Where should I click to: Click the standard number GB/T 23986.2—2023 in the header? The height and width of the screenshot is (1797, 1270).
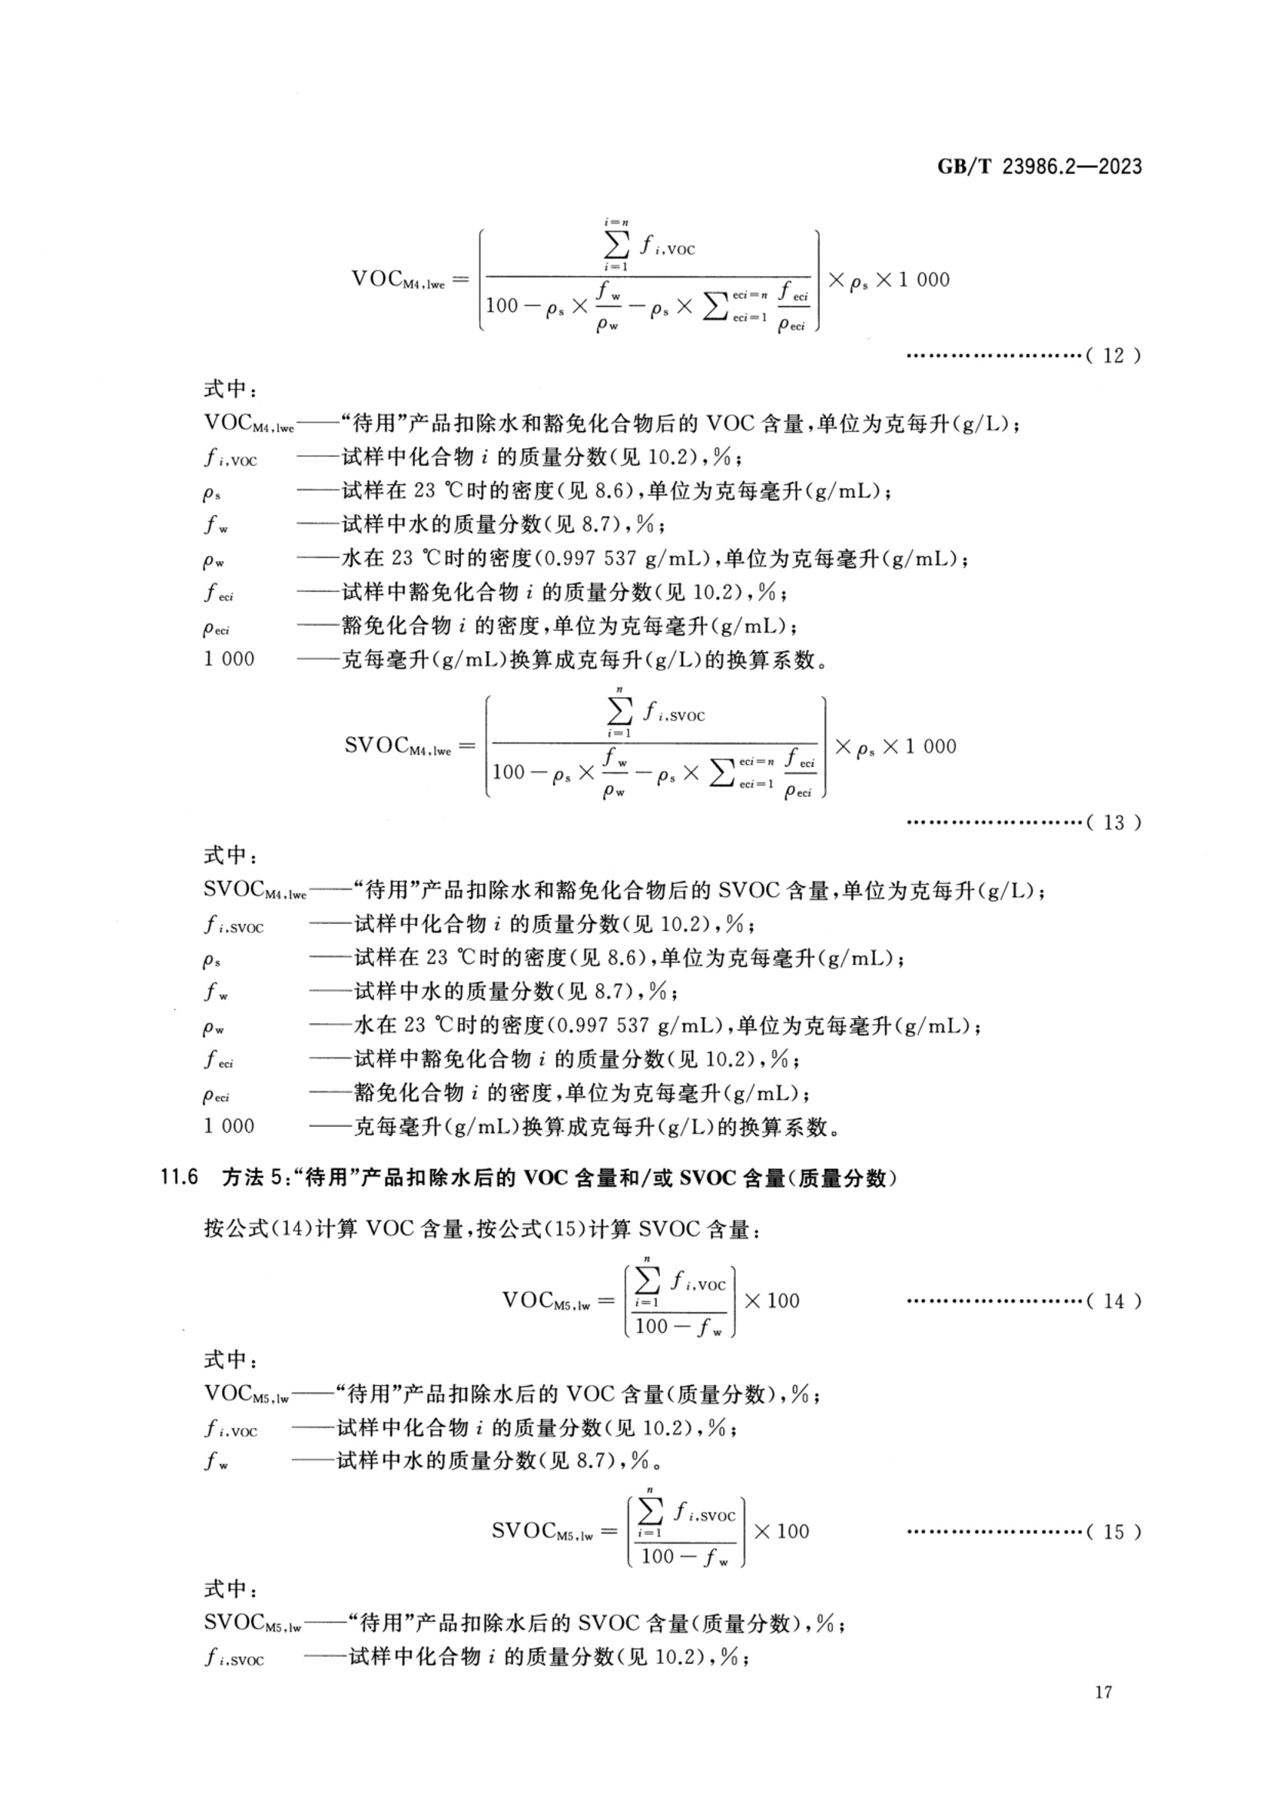click(1040, 167)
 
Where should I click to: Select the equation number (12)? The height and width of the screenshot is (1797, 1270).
click(1113, 355)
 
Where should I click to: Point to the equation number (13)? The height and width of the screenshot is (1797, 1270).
click(1113, 822)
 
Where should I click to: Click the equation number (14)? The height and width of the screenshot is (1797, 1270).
click(1113, 1300)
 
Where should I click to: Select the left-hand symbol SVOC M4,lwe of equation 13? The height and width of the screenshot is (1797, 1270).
click(397, 746)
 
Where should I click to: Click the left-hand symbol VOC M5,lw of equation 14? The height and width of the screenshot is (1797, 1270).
click(546, 1301)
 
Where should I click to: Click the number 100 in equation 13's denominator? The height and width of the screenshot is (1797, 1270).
click(509, 772)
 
